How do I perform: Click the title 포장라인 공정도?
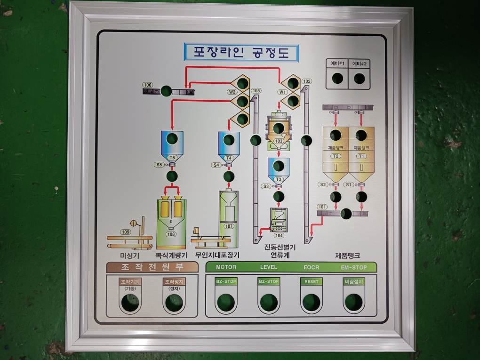[x=241, y=52]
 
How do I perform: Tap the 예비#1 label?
[x=337, y=64]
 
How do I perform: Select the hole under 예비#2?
[x=360, y=79]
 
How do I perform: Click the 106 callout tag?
[x=148, y=85]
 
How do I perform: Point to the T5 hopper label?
[x=172, y=158]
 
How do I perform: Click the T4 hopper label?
[x=229, y=158]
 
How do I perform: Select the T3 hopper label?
[x=279, y=179]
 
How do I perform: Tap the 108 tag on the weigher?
[x=171, y=234]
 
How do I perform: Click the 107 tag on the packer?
[x=229, y=226]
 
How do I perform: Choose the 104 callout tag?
[x=279, y=235]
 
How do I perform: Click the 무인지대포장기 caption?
[x=217, y=255]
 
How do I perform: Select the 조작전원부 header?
[x=152, y=267]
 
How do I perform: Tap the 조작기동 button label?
[x=129, y=281]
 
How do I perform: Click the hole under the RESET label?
[x=311, y=302]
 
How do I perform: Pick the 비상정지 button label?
[x=353, y=281]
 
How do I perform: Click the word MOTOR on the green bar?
[x=226, y=267]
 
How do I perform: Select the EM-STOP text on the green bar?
[x=353, y=268]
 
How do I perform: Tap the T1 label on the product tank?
[x=361, y=156]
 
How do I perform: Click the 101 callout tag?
[x=322, y=207]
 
